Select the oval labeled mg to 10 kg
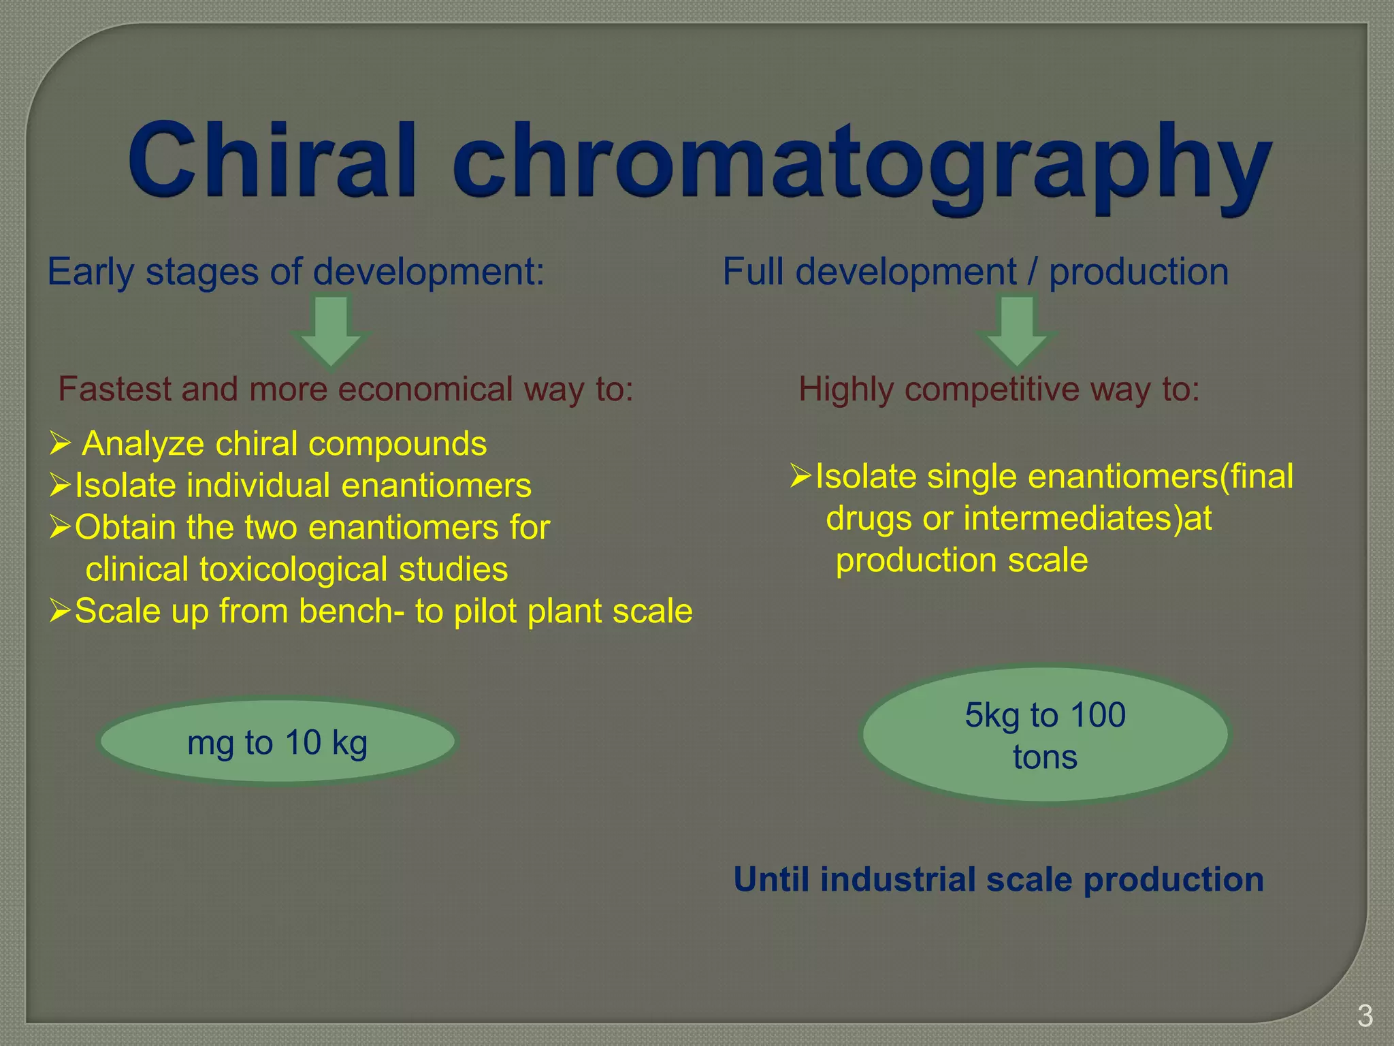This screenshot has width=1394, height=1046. [x=278, y=742]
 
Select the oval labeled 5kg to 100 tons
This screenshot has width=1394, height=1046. [x=1045, y=735]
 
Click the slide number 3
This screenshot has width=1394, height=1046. [x=1365, y=1017]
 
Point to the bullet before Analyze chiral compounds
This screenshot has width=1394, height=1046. [x=60, y=444]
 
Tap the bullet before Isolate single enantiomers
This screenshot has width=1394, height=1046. [x=801, y=476]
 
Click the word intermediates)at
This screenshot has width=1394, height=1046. [x=1087, y=518]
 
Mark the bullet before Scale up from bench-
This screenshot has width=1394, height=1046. [x=60, y=611]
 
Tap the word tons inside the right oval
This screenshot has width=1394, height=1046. [x=1045, y=757]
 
